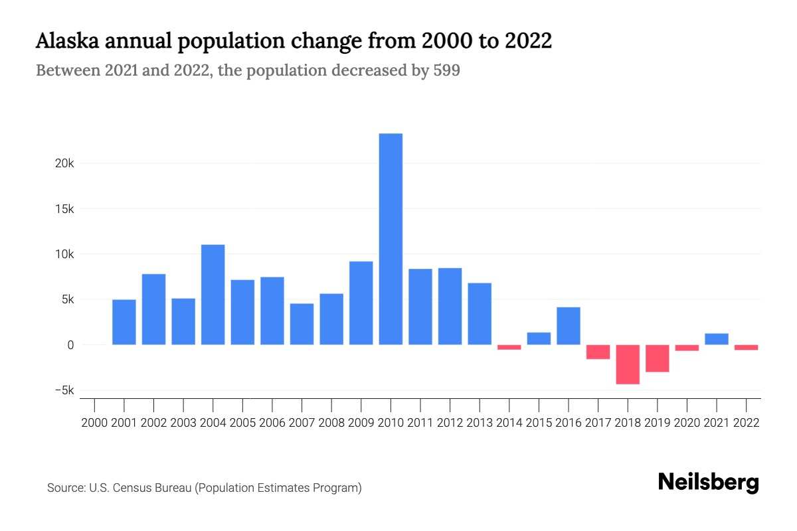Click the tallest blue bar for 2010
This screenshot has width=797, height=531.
pyautogui.click(x=391, y=239)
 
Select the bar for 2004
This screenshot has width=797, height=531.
pyautogui.click(x=213, y=295)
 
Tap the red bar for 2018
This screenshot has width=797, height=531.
pyautogui.click(x=628, y=364)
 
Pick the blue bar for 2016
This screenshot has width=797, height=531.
pyautogui.click(x=569, y=326)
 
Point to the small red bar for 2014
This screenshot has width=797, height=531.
pyautogui.click(x=509, y=347)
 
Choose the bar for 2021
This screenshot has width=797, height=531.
pyautogui.click(x=717, y=339)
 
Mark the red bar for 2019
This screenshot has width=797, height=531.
pyautogui.click(x=658, y=358)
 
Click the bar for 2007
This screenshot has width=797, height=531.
pyautogui.click(x=302, y=324)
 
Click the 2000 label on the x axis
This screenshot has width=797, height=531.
pyautogui.click(x=94, y=422)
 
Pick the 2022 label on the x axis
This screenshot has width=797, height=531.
pyautogui.click(x=747, y=422)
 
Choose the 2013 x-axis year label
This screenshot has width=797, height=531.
pyautogui.click(x=480, y=422)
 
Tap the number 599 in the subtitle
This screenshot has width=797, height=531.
pyautogui.click(x=446, y=70)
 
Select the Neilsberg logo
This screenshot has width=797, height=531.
pyautogui.click(x=708, y=483)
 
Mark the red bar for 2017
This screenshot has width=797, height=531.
pyautogui.click(x=598, y=352)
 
